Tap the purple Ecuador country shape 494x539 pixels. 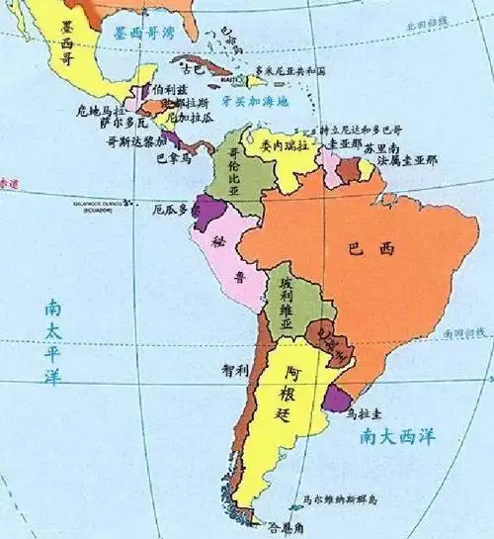tap(208, 210)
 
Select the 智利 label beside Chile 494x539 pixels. tap(235, 369)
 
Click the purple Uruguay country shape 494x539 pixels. tap(338, 399)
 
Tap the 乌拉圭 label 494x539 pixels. tap(366, 416)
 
